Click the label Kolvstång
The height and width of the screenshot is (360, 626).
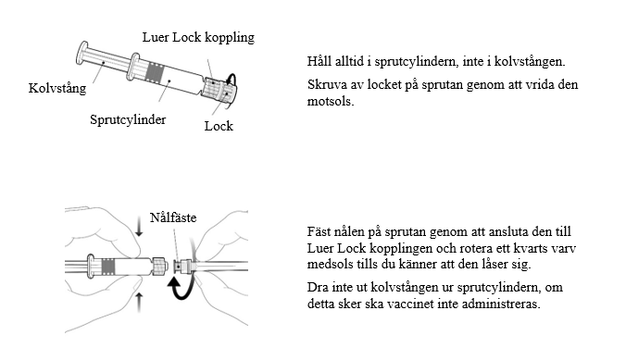point(57,88)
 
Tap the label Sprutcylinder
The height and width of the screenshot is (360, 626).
point(128,119)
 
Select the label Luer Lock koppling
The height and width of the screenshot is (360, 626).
point(198,38)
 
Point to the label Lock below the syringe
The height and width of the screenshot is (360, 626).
point(219,126)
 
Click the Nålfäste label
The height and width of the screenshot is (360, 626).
point(173,217)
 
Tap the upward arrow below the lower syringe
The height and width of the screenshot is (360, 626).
point(139,302)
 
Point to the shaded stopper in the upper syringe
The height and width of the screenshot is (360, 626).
point(156,72)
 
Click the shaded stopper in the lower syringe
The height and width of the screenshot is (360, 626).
point(108,267)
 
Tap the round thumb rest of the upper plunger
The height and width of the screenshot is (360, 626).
point(81,53)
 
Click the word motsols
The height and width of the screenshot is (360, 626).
point(331,102)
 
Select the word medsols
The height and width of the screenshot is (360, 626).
point(331,264)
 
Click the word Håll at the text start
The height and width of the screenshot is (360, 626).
point(319,61)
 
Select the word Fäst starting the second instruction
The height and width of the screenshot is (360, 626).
point(318,231)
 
